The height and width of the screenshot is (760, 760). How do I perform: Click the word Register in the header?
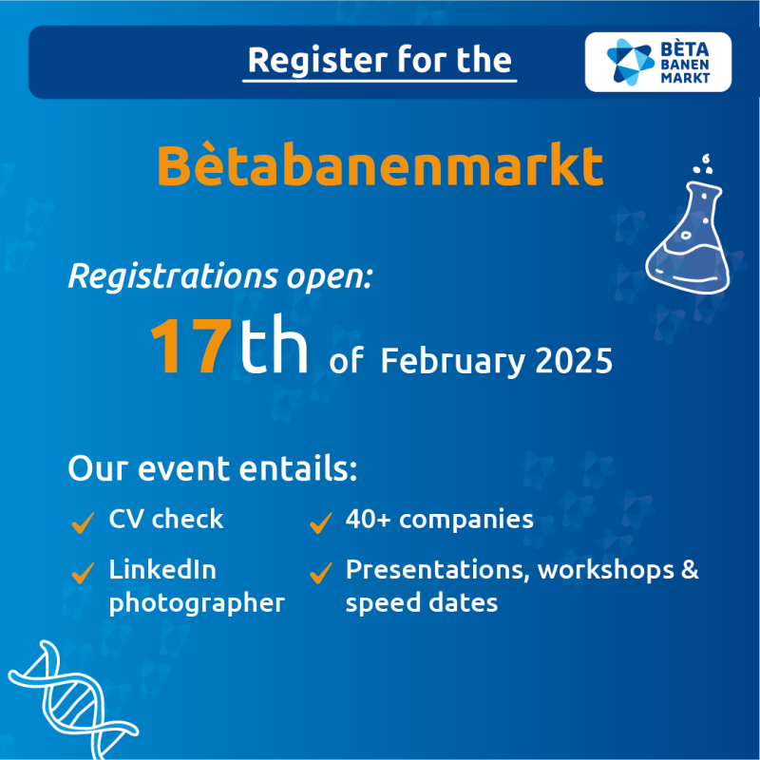(317, 61)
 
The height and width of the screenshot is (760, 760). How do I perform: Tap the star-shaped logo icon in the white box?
(630, 62)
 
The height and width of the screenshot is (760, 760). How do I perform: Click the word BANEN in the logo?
(684, 65)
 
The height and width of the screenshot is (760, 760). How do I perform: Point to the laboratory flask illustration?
(688, 237)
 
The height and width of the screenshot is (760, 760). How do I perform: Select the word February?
(453, 363)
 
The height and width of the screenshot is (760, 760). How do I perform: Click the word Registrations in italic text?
(173, 276)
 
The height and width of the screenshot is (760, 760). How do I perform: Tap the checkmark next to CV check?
(83, 522)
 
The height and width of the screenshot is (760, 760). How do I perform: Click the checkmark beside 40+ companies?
(321, 522)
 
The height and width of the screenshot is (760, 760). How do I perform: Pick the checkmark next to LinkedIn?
(83, 573)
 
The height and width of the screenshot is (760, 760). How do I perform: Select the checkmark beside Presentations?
(321, 573)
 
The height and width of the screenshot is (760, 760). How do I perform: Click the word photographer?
(197, 604)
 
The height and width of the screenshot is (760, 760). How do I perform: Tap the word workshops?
(606, 570)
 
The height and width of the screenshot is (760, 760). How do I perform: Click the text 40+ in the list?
(368, 519)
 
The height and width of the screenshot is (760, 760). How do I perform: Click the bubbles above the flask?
(704, 163)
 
